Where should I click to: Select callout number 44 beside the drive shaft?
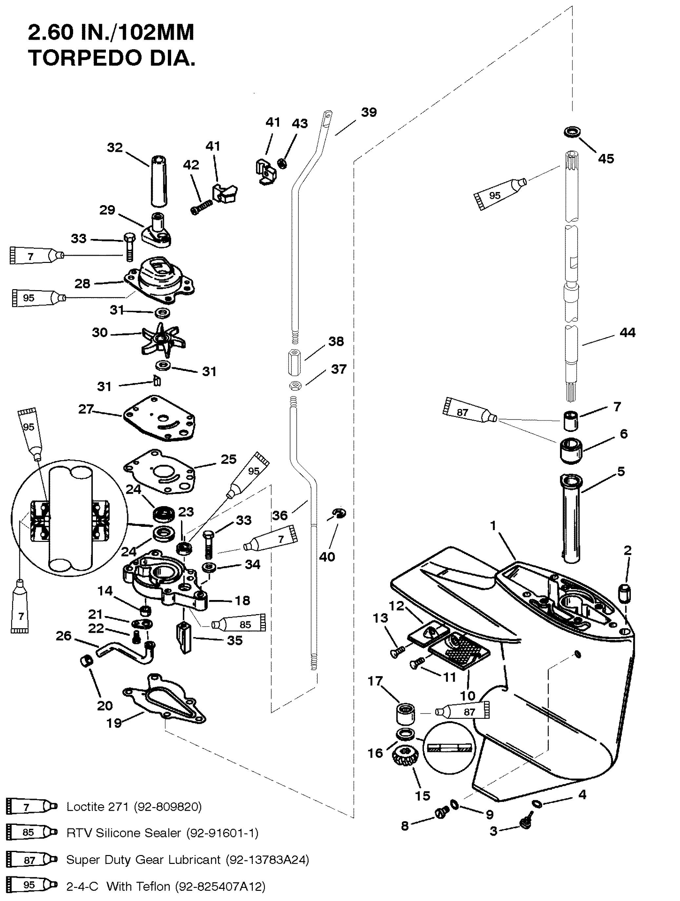pos(627,333)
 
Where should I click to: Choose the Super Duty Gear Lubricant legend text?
pos(188,859)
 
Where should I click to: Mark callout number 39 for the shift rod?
pos(369,112)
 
